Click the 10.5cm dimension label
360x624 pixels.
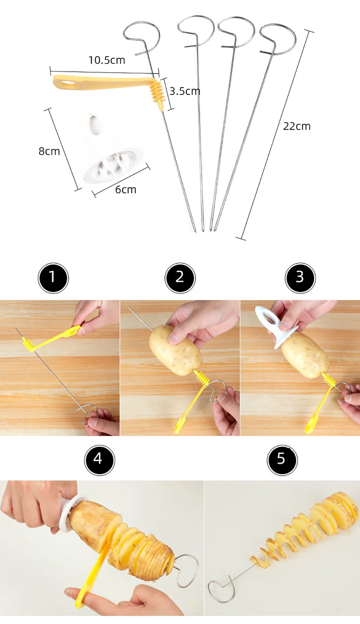[x=106, y=60]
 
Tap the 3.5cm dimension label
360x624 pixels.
[x=184, y=91]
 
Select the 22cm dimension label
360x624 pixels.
[x=297, y=126]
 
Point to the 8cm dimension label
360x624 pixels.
[x=49, y=151]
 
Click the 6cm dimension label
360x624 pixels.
[x=125, y=190]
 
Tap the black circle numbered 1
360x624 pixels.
[x=53, y=278]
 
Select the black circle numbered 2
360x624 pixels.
[x=180, y=278]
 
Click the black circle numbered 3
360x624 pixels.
[x=300, y=278]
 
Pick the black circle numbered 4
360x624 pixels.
[x=99, y=460]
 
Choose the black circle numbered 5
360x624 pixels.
[x=282, y=460]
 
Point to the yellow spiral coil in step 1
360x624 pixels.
[x=29, y=344]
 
